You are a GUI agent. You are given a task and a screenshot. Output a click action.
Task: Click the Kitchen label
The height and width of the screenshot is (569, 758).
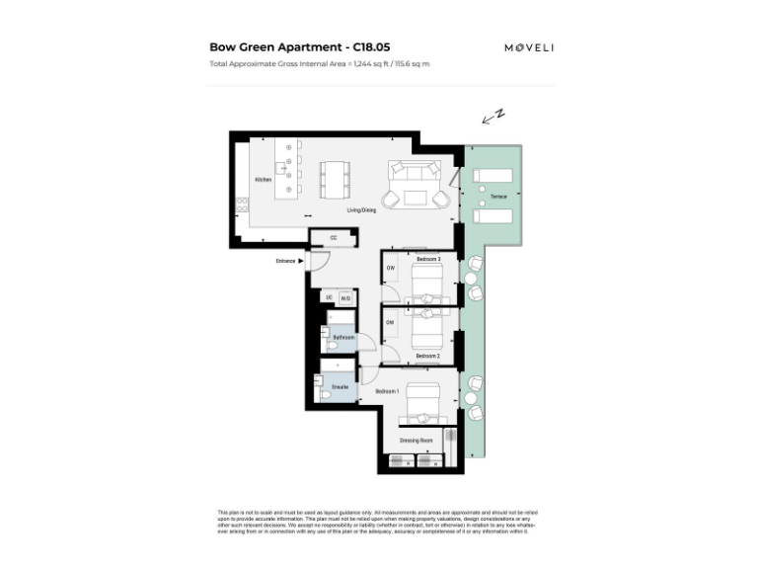coord(263,180)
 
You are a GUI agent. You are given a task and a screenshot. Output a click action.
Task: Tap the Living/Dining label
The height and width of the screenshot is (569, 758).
coord(361,210)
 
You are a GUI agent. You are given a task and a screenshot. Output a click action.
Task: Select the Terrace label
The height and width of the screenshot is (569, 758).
coord(498,197)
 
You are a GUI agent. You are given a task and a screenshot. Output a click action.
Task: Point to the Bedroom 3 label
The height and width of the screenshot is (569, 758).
coord(427,259)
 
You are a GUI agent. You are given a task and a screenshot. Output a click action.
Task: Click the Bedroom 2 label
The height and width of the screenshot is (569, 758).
coord(427,355)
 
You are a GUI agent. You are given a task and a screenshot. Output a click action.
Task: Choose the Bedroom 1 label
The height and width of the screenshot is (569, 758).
coord(388,392)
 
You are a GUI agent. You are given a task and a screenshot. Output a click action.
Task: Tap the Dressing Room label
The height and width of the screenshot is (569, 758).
coord(416,440)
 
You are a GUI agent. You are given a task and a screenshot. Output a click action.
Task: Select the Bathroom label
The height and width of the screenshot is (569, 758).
coord(342,338)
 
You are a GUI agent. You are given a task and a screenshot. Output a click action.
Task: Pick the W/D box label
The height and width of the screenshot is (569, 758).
coord(345,298)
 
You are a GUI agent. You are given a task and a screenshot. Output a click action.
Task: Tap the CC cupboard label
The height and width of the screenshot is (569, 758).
coord(334,238)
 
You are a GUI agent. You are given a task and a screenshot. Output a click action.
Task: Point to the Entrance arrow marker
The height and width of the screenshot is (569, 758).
coord(300,261)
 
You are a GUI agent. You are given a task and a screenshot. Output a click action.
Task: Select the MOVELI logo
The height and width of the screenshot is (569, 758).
coord(529,47)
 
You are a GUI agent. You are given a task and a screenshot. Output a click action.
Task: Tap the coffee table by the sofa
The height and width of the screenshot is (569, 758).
coord(415,198)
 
